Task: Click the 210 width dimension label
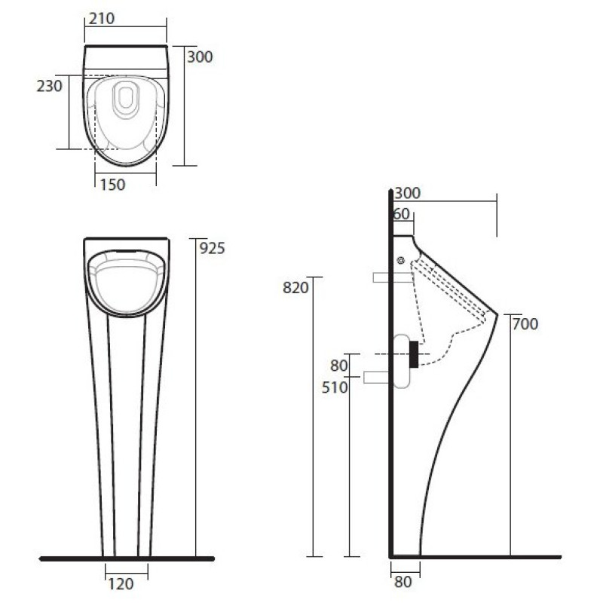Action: [x=102, y=18]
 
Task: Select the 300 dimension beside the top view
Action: [x=200, y=57]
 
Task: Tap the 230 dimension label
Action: [x=49, y=86]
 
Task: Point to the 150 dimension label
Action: [x=112, y=185]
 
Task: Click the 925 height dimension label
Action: [x=213, y=249]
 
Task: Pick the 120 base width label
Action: [x=121, y=584]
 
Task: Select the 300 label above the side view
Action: [x=407, y=193]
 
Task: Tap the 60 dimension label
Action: [x=402, y=214]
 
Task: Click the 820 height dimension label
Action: [x=295, y=288]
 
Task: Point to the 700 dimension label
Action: [x=525, y=324]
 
